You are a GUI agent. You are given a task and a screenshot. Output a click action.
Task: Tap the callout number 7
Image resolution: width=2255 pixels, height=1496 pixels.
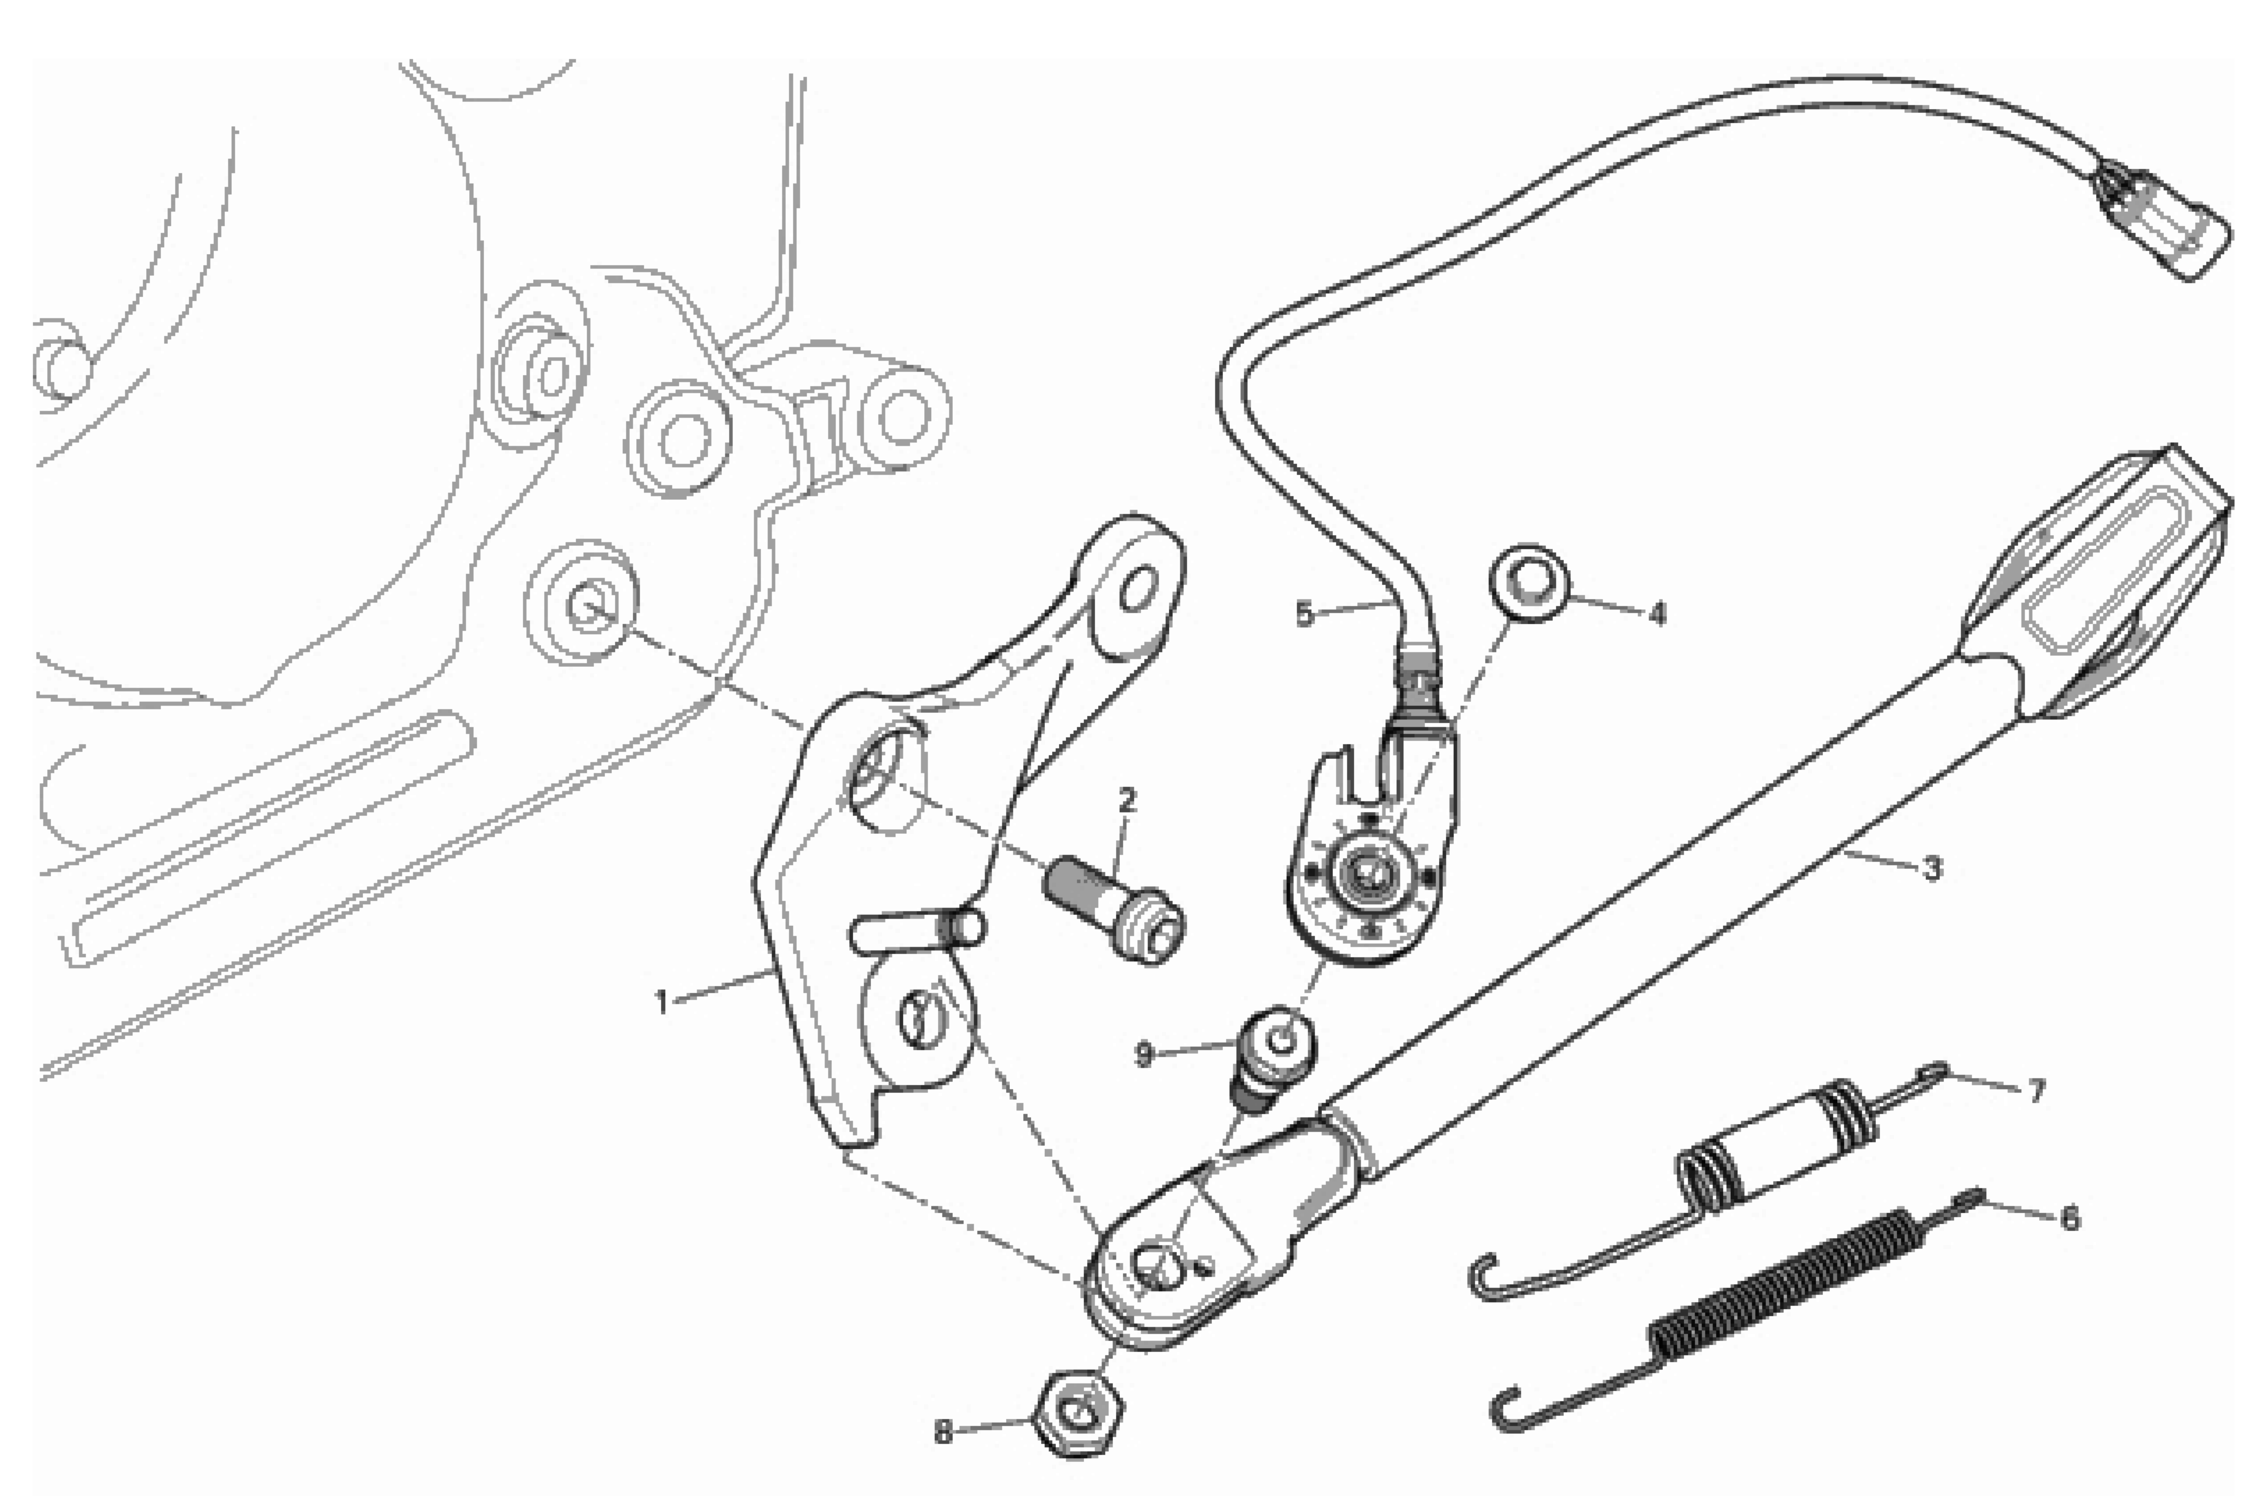[2036, 1090]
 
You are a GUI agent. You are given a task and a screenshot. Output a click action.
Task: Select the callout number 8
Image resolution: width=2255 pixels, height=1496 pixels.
[943, 1433]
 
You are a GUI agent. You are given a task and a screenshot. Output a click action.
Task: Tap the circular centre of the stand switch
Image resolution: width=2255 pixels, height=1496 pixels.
[1369, 871]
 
